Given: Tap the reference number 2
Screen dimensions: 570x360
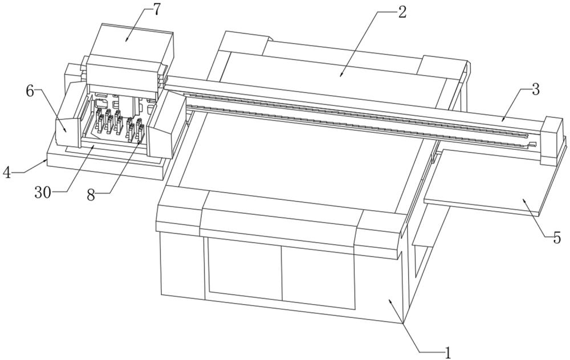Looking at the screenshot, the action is click(402, 12).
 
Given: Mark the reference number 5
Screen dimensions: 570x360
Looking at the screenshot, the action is click(557, 238).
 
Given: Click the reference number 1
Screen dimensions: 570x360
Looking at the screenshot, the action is click(448, 353).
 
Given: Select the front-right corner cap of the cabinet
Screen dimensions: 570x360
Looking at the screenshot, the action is click(379, 228).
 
